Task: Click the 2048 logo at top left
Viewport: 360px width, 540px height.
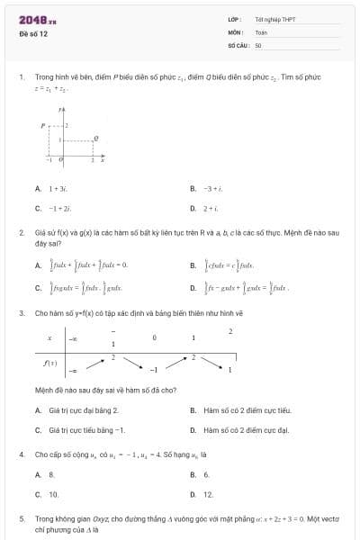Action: tap(31, 19)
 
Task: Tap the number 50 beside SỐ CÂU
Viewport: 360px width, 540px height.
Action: tap(258, 42)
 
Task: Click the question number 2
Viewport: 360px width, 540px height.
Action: tap(21, 232)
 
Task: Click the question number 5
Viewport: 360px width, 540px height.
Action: tap(21, 519)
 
